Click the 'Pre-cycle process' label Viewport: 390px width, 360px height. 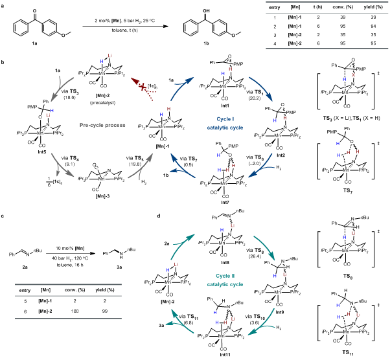coord(102,125)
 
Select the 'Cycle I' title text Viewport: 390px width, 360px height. coord(225,119)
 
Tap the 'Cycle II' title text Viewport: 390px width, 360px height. coord(225,276)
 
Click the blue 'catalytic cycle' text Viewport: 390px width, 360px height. coord(225,128)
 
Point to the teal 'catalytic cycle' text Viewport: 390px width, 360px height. coord(225,284)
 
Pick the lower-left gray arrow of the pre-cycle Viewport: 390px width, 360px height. coord(62,165)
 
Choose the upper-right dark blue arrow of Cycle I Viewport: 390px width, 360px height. coord(261,88)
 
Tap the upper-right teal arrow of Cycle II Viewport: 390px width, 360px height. coord(264,247)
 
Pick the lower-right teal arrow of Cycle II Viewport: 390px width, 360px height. coord(262,323)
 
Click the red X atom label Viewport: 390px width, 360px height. coord(353,75)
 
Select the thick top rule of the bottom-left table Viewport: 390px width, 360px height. coord(68,284)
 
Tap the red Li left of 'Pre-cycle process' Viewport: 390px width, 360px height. coord(48,116)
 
